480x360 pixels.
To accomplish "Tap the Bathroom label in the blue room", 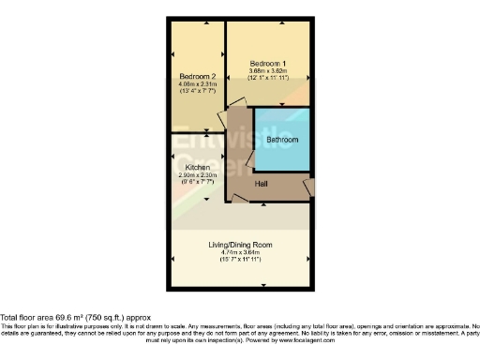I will pyautogui.click(x=282, y=140).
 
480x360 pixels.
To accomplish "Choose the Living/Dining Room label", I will pyautogui.click(x=240, y=245).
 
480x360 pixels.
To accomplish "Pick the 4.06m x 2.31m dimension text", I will pyautogui.click(x=198, y=83).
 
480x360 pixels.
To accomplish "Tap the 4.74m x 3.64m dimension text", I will pyautogui.click(x=240, y=252).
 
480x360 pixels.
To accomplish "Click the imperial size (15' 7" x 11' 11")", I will pyautogui.click(x=240, y=260).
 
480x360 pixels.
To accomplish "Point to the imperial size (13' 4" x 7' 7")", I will pyautogui.click(x=198, y=91).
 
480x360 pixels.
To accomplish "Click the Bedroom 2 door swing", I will pyautogui.click(x=224, y=123).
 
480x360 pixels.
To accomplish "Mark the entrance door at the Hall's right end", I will pyautogui.click(x=308, y=188).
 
